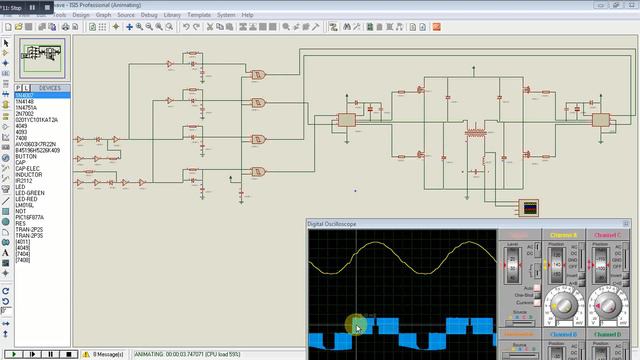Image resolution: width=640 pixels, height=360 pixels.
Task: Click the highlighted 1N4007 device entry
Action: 25,94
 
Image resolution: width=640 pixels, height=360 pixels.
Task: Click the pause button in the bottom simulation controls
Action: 49,354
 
